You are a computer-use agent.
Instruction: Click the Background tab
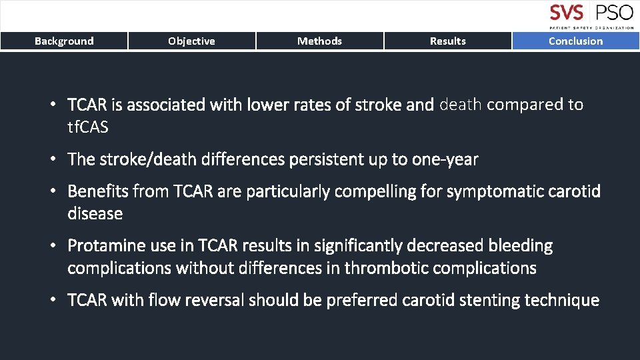[x=64, y=41]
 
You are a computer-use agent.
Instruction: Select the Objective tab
[x=191, y=41]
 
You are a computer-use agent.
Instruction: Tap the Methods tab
[x=319, y=41]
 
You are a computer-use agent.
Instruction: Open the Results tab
[x=447, y=41]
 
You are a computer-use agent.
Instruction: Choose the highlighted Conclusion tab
[x=575, y=41]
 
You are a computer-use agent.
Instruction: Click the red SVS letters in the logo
[x=567, y=13]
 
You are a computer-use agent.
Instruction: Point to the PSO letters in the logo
[x=614, y=13]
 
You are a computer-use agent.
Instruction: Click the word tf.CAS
[x=88, y=127]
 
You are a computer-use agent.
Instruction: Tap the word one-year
[x=445, y=159]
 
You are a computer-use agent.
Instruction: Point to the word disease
[x=95, y=214]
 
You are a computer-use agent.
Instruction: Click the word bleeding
[x=520, y=246]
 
